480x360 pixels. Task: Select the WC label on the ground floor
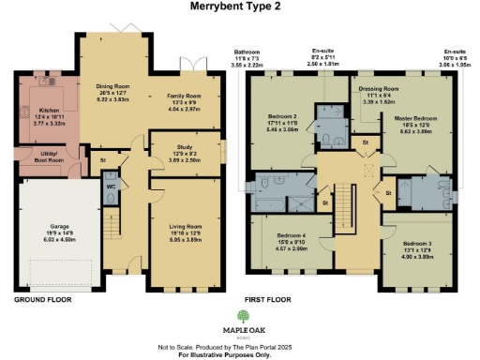111,185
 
